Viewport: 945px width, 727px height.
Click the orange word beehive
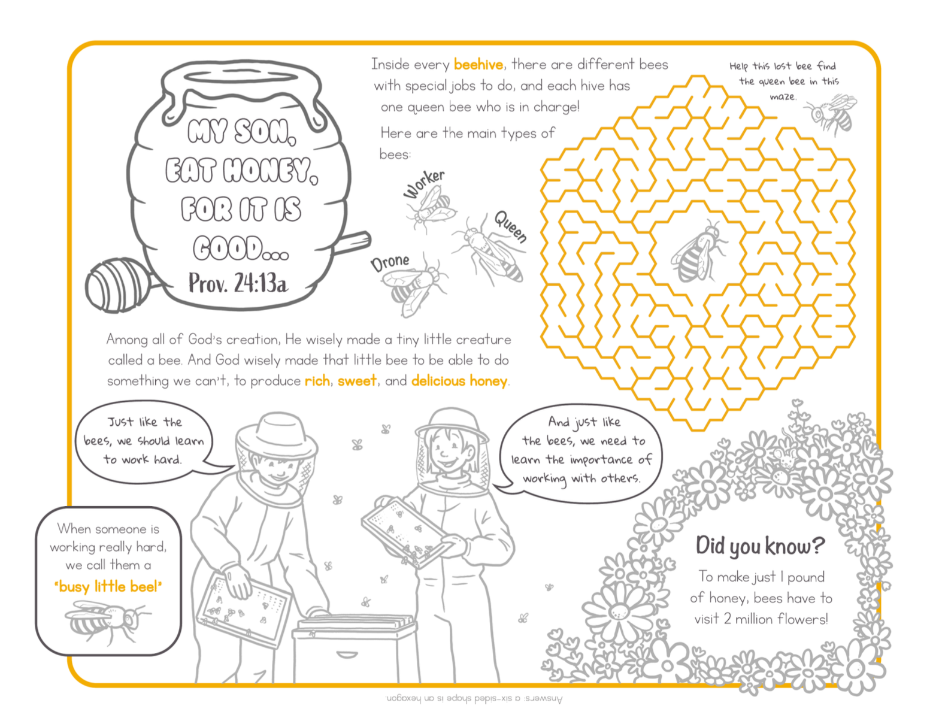tap(478, 65)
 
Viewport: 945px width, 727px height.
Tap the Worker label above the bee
tap(424, 183)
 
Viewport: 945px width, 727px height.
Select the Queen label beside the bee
tap(511, 226)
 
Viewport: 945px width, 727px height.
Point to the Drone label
tap(390, 262)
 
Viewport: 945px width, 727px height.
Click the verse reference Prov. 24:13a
tap(238, 283)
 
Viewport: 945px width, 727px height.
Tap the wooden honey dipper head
tap(117, 285)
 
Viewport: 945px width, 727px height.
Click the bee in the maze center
tap(697, 252)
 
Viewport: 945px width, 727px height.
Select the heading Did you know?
tap(760, 545)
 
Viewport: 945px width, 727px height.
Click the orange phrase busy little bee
tap(108, 586)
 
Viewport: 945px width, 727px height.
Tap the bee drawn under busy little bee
tap(107, 620)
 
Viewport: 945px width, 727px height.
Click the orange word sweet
tap(356, 381)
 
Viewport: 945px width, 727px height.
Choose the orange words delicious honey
tap(459, 381)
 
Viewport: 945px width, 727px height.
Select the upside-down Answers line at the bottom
tap(473, 699)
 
